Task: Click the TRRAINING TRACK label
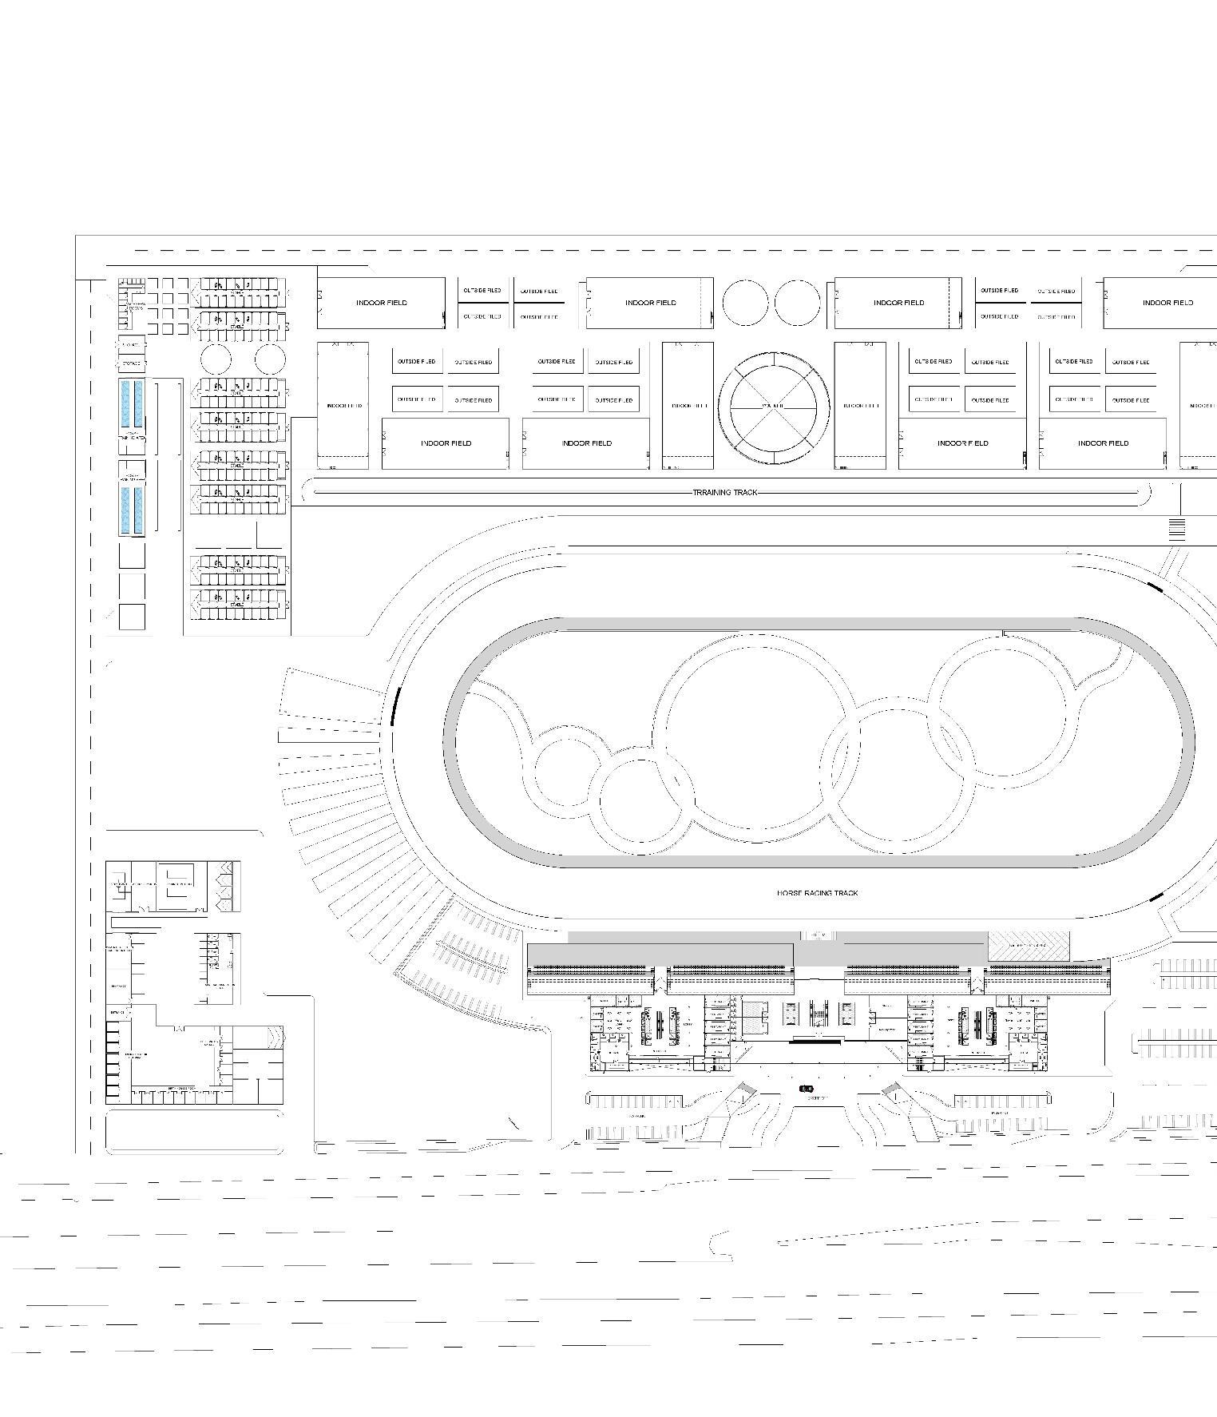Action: point(724,493)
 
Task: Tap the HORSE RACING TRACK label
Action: point(817,893)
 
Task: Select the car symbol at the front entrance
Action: point(807,1089)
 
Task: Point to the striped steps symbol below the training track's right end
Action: point(1176,529)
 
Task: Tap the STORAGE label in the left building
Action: point(131,363)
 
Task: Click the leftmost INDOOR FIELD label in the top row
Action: point(381,303)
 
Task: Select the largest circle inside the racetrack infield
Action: point(755,732)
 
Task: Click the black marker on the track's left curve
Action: point(394,705)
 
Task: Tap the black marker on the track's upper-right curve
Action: point(1155,587)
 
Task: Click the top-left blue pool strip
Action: point(125,403)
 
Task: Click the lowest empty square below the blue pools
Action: point(132,617)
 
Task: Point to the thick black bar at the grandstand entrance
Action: point(815,1041)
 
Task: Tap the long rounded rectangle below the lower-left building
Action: point(194,1131)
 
